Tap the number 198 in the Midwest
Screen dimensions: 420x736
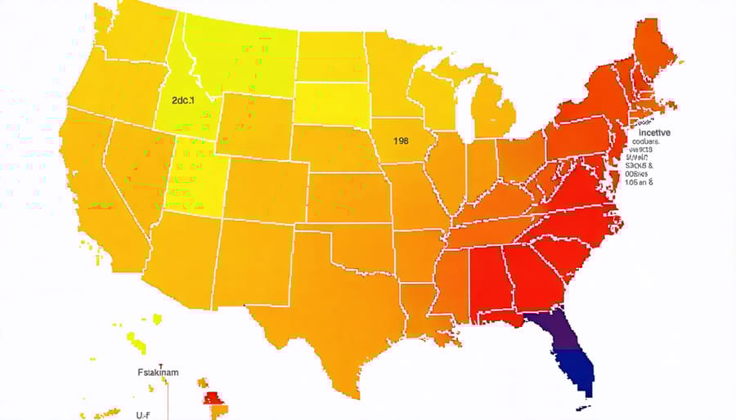point(401,141)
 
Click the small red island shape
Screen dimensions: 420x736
point(211,398)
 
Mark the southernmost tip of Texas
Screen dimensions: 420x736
point(357,395)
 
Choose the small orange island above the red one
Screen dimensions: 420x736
point(201,382)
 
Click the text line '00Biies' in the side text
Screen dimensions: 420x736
point(644,172)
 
